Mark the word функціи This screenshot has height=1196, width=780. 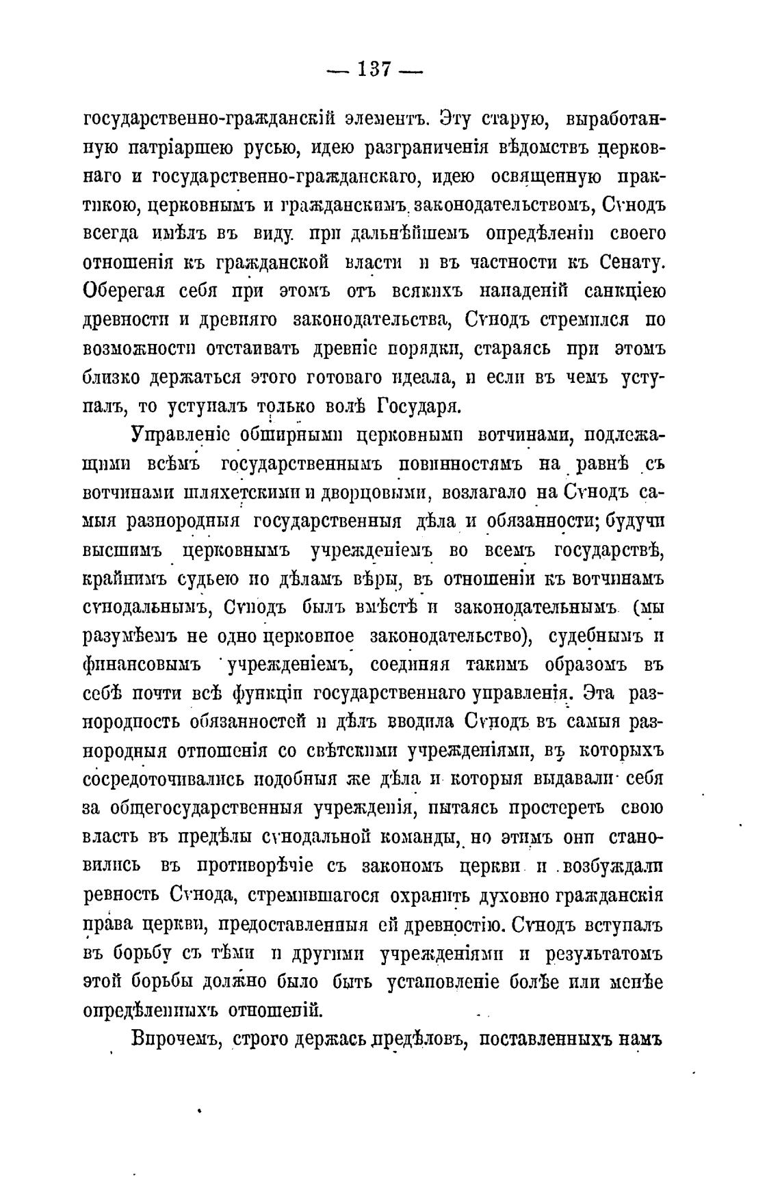(x=266, y=694)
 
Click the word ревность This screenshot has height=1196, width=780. (x=125, y=895)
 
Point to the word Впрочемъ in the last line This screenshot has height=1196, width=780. (x=177, y=1039)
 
